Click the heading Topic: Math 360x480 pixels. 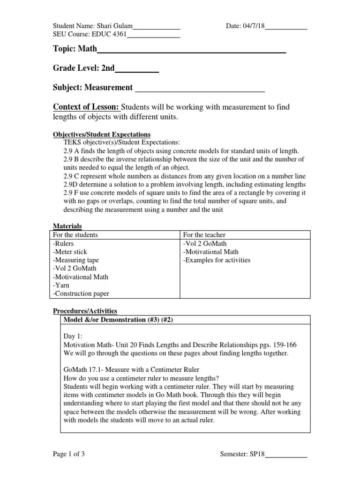pyautogui.click(x=75, y=49)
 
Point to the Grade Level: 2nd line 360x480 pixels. pyautogui.click(x=84, y=68)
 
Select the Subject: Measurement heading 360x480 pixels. pyautogui.click(x=93, y=88)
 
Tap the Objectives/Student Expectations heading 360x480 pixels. pyautogui.click(x=102, y=134)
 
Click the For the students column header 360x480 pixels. pyautogui.click(x=75, y=234)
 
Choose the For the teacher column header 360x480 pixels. pyautogui.click(x=205, y=234)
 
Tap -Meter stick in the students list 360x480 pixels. pyautogui.click(x=70, y=252)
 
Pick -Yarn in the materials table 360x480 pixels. pyautogui.click(x=61, y=285)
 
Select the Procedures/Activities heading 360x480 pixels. pyautogui.click(x=84, y=311)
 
